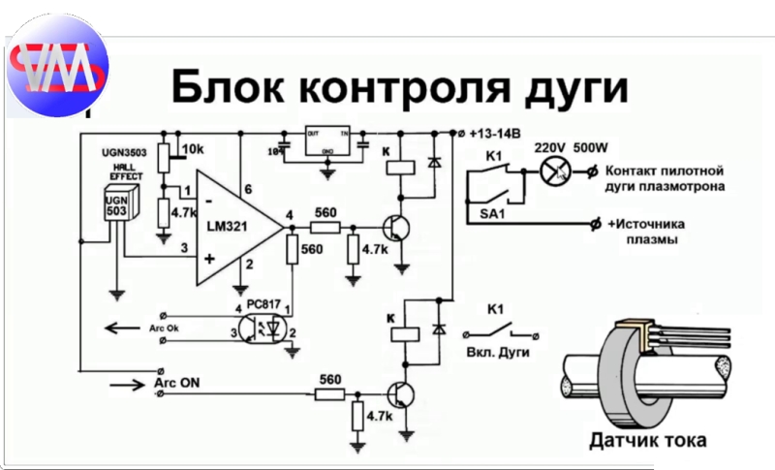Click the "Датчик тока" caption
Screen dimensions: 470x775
click(648, 441)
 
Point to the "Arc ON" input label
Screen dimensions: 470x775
click(177, 384)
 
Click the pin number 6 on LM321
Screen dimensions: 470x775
click(248, 188)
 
